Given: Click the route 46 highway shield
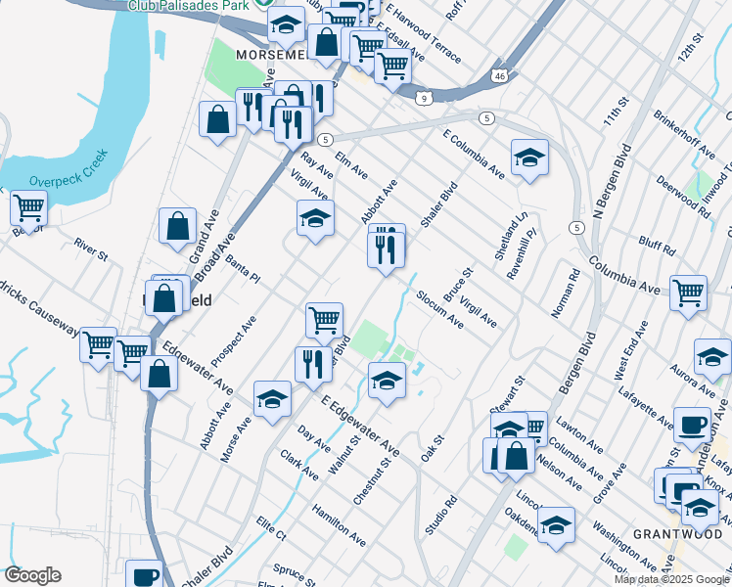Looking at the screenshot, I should pyautogui.click(x=499, y=74).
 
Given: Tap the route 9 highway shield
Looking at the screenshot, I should pyautogui.click(x=423, y=98).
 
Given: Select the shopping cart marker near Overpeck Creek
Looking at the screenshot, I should pyautogui.click(x=29, y=208).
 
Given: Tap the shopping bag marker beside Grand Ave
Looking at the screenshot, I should pyautogui.click(x=177, y=226).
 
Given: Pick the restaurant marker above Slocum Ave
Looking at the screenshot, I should pyautogui.click(x=387, y=247).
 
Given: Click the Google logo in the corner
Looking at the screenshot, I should pyautogui.click(x=32, y=575).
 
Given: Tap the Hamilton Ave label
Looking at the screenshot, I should pyautogui.click(x=339, y=525).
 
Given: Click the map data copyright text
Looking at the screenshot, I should pyautogui.click(x=671, y=579).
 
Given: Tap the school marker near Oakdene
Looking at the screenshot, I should pyautogui.click(x=556, y=524).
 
